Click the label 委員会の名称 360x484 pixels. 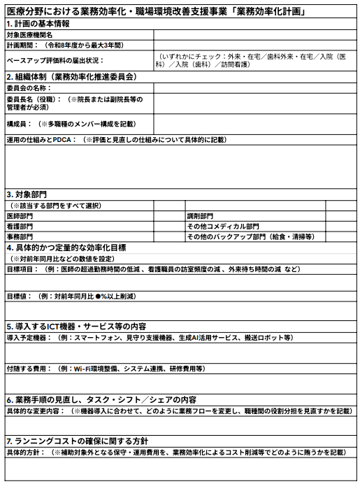click(x=29, y=88)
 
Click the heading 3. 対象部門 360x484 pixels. click(x=28, y=194)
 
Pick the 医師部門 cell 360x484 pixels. click(x=21, y=216)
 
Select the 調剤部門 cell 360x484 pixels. click(x=201, y=216)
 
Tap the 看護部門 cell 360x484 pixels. click(x=21, y=227)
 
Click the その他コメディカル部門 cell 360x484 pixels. click(x=222, y=227)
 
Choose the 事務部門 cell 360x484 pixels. click(x=21, y=237)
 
